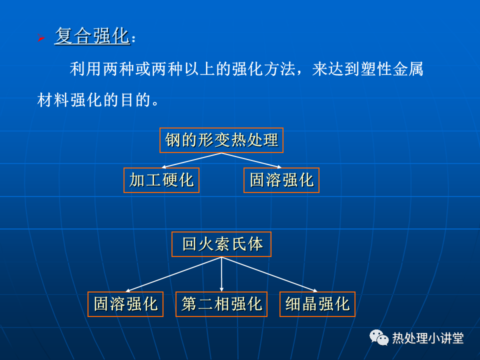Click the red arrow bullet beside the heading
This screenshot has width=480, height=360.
point(41,37)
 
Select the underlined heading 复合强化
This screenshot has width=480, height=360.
point(92,35)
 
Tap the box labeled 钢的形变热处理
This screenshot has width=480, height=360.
point(221,140)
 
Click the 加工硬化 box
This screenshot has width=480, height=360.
point(161,180)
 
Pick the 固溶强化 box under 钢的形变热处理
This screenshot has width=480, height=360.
point(281,180)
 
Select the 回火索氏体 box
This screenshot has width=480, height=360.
point(221,244)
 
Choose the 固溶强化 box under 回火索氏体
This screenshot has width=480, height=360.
point(125,304)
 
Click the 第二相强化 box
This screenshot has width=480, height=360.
point(221,304)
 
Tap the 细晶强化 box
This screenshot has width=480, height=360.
point(317,304)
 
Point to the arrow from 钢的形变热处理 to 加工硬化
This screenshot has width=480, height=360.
point(191,160)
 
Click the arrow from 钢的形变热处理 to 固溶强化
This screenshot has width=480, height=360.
point(251,160)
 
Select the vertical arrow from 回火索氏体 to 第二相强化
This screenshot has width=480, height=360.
point(221,274)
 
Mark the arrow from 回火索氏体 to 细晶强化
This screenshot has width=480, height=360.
point(269,274)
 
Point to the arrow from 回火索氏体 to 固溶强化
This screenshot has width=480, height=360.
point(173,274)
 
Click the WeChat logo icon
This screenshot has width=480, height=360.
point(378,337)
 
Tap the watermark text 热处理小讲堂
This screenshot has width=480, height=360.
point(428,338)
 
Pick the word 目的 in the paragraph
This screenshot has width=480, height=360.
point(136,100)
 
